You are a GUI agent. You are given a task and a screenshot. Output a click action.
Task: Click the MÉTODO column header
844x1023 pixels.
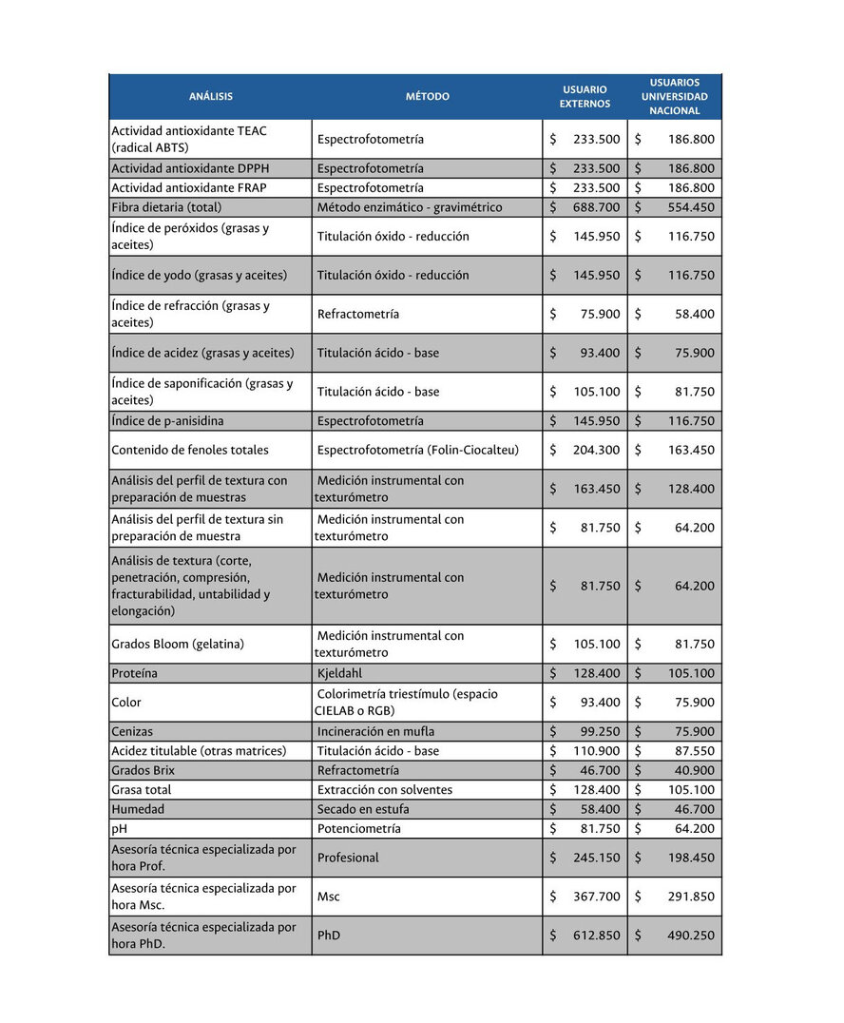(428, 96)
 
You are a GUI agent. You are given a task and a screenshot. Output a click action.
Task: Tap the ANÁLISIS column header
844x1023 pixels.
(211, 96)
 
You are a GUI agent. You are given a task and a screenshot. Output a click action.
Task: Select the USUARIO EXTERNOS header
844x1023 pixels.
(585, 96)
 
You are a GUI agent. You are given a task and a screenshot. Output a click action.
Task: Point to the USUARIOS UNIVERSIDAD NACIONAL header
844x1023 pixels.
(674, 96)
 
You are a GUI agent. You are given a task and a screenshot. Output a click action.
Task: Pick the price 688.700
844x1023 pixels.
(596, 207)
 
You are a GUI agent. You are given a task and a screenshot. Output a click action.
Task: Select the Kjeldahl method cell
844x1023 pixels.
(339, 673)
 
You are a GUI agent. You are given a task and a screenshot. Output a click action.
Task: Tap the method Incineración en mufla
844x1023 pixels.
(375, 732)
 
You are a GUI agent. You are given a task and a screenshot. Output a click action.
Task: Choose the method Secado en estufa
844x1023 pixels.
(364, 809)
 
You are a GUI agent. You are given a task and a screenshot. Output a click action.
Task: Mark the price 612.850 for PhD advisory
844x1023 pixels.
(596, 936)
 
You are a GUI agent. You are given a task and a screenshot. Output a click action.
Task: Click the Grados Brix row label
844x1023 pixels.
(144, 770)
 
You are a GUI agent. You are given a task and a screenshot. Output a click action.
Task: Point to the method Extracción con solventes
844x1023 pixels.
(385, 790)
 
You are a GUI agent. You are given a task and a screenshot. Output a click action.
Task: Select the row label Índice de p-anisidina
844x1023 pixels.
(167, 421)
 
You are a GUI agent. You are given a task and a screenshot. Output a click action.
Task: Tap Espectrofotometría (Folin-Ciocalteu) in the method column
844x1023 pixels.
(418, 450)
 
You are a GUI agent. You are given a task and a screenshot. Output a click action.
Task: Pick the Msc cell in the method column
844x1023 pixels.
(328, 897)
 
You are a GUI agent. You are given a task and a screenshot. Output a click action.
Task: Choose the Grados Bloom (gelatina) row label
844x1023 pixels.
(178, 644)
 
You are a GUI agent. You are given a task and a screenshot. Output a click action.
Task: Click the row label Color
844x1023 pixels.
(126, 703)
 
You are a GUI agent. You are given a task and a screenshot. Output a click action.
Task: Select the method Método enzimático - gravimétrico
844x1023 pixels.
(410, 207)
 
